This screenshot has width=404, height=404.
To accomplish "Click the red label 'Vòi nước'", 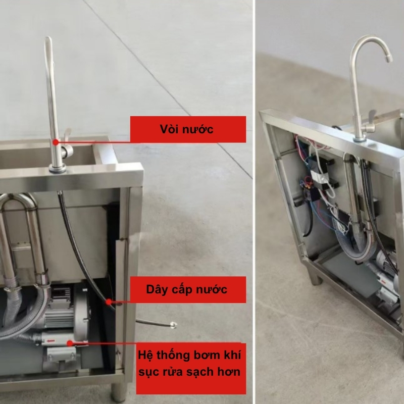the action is tap(188, 129).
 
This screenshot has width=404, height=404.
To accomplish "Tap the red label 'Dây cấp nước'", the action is tap(188, 289).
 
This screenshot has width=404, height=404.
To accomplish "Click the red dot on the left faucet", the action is tap(56, 142).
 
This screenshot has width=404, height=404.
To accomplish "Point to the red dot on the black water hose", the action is tap(109, 301).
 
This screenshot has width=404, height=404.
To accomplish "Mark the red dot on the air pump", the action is tap(70, 343).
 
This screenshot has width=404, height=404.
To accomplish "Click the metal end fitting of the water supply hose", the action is tap(173, 325).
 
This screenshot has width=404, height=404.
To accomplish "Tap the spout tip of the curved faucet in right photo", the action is tap(388, 59).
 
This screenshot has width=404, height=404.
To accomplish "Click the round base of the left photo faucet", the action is tap(58, 169).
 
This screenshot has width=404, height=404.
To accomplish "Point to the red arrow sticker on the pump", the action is tap(51, 340).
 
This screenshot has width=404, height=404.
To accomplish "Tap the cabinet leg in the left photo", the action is tap(119, 392).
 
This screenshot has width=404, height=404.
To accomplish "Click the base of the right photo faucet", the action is tap(360, 139).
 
